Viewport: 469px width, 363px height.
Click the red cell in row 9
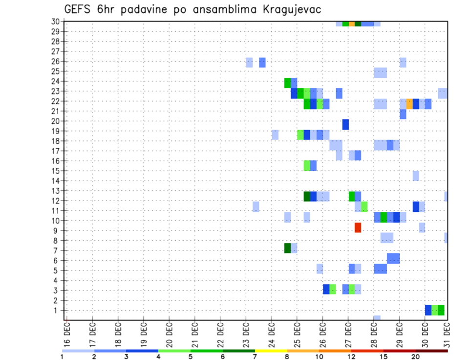click(x=358, y=227)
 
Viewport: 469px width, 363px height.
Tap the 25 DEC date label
click(x=297, y=333)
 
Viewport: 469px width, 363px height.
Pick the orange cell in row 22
click(x=409, y=104)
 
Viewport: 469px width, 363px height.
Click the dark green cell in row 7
click(x=288, y=248)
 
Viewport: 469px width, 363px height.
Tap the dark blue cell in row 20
click(x=345, y=124)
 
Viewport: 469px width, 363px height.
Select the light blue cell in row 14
click(x=416, y=176)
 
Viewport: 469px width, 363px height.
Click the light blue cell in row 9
click(x=422, y=227)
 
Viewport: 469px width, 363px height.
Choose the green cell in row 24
click(x=288, y=83)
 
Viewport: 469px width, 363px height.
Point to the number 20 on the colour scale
click(x=416, y=356)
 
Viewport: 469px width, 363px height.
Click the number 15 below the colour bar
click(x=384, y=356)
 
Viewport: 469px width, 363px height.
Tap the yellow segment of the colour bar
click(x=271, y=351)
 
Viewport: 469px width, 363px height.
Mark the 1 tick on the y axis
click(x=57, y=310)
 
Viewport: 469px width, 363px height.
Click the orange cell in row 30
click(x=352, y=23)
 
